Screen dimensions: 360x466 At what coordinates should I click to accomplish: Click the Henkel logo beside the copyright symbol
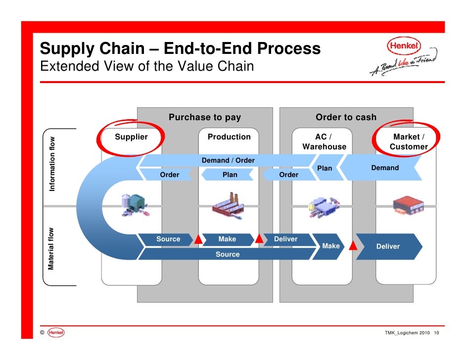coord(57,333)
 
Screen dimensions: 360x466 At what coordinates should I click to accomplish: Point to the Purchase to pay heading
coord(205,117)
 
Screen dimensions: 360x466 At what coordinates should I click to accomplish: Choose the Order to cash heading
coord(346,117)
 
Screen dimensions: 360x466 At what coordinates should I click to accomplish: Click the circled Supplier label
coord(132,137)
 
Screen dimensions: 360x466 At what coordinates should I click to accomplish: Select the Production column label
coord(229,137)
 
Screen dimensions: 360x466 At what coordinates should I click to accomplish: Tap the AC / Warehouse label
coord(325,141)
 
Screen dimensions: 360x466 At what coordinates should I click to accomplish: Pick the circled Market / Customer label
coord(409,141)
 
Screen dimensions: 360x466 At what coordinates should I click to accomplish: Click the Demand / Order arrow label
coord(228,161)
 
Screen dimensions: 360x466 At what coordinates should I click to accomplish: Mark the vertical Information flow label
coord(52,164)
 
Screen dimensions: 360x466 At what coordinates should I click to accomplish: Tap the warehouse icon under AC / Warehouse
coord(324,206)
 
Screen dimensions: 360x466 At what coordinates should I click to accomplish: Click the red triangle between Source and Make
coord(198,240)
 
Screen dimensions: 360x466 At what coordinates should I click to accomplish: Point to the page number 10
coord(436,333)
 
